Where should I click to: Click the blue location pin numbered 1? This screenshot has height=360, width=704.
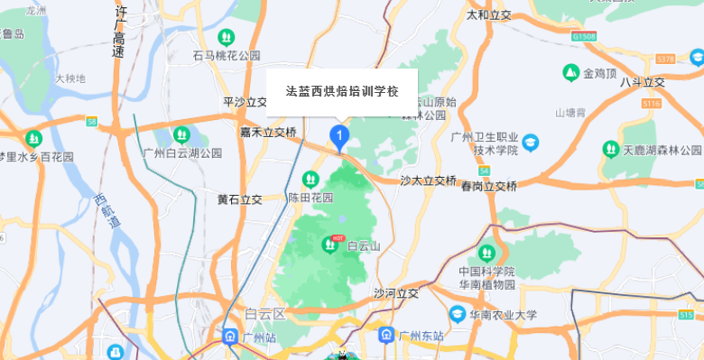click(x=339, y=138)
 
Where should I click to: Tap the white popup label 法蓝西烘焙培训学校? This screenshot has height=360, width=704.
click(x=342, y=92)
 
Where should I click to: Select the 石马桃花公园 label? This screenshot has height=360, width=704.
click(x=227, y=56)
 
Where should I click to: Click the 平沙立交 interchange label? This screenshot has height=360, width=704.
click(x=245, y=103)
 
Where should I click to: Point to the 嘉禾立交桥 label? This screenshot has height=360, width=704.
click(x=268, y=132)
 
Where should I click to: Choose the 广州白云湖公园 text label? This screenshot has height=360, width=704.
click(x=182, y=153)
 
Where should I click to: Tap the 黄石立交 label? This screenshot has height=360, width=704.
click(x=239, y=198)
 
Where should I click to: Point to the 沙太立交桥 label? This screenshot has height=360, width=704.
click(x=429, y=180)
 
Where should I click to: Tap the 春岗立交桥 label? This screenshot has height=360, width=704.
click(x=489, y=187)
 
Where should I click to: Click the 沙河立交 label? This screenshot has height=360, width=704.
click(x=396, y=293)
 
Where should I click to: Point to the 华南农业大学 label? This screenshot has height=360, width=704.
click(x=503, y=316)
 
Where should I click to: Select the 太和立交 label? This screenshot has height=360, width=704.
click(x=488, y=15)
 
